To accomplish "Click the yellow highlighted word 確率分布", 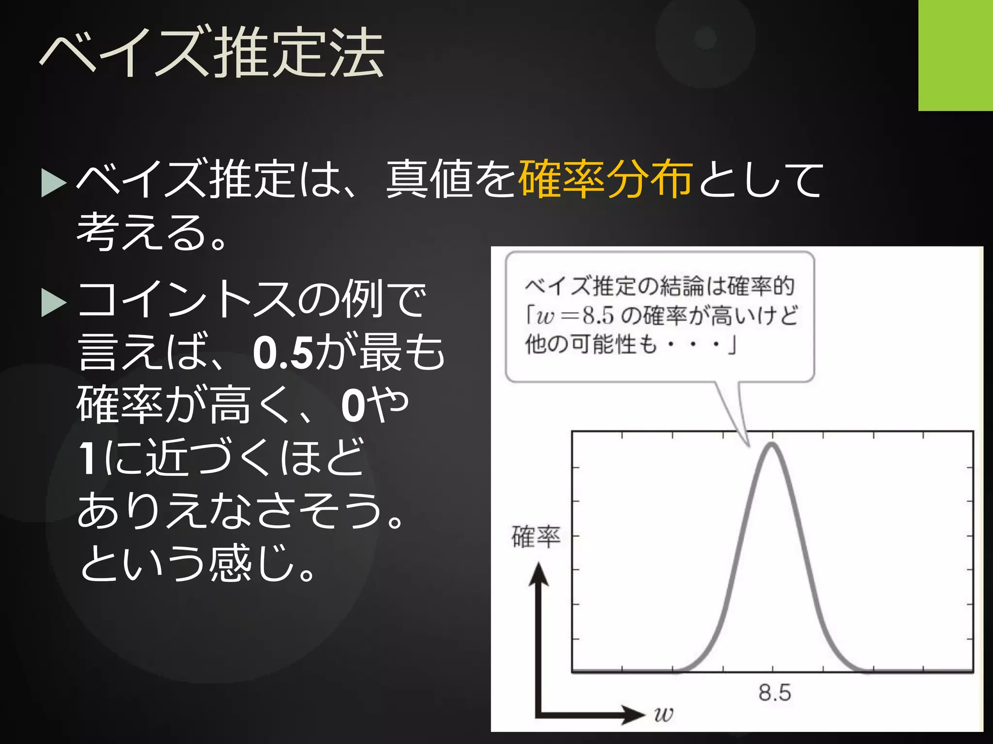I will coord(605,179).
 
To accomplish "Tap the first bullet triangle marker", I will coord(53,183).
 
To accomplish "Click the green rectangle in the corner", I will coord(955,55).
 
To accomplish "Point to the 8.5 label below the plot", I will coord(774,693).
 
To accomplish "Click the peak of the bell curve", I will coord(771,445).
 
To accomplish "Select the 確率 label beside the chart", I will coord(536,537).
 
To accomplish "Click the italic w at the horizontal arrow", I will coord(663,714).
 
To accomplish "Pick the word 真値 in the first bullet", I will coord(429,179).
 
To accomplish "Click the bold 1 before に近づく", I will coord(87,457).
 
